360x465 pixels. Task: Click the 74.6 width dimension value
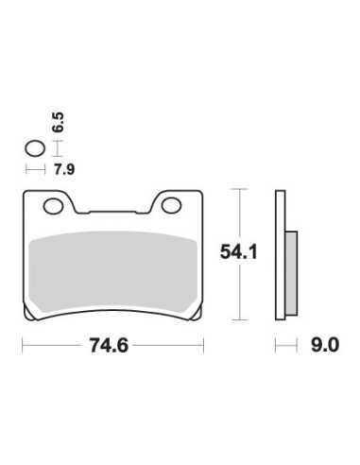tap(109, 345)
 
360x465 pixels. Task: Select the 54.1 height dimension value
tap(239, 252)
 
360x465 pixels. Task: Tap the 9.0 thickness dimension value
tap(325, 345)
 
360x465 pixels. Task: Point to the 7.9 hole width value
tap(64, 170)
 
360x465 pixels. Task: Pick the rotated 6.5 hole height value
tap(59, 122)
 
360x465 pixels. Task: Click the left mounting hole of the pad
tap(54, 206)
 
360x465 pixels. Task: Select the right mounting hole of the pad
tap(171, 205)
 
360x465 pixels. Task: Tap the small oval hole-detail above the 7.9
tap(35, 148)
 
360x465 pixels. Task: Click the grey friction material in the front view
tap(112, 271)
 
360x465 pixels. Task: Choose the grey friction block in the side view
tap(291, 273)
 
